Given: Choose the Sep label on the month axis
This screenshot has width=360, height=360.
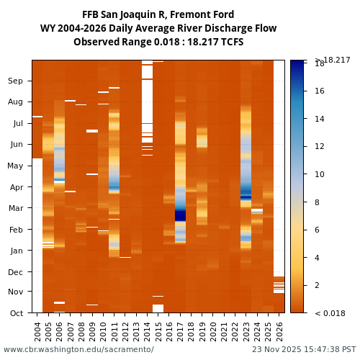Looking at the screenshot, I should tap(16, 81).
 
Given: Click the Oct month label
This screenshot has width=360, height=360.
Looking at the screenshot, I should tap(16, 313).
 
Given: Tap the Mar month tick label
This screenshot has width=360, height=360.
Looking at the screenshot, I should tap(16, 209).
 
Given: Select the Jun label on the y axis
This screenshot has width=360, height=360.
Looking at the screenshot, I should tap(16, 145).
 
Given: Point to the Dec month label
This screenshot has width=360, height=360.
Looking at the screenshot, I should tap(16, 272).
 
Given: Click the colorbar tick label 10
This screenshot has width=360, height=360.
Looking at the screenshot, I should tap(319, 174).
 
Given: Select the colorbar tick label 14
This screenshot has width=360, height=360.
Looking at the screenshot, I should tap(319, 119).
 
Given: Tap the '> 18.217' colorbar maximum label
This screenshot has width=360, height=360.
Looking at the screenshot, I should tap(330, 60).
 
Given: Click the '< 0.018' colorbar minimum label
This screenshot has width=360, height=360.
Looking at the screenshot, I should tap(329, 313).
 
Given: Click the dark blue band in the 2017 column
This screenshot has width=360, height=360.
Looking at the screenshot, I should tap(180, 215).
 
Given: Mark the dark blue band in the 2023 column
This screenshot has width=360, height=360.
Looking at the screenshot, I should tap(246, 197).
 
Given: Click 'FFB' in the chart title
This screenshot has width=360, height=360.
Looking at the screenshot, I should tap(91, 15).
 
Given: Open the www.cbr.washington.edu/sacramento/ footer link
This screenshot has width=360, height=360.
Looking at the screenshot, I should tap(78, 350).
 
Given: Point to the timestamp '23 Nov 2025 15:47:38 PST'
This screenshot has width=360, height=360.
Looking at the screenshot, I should tap(303, 350).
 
